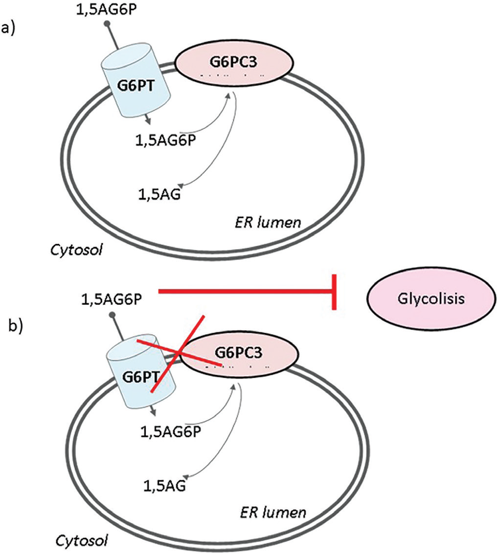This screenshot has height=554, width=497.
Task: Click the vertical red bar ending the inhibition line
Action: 335,292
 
